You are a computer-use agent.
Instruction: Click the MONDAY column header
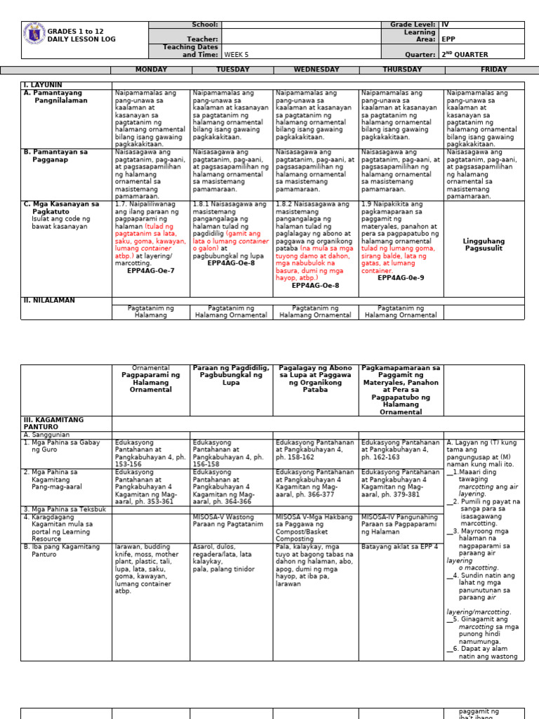point(151,70)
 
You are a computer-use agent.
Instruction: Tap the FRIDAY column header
point(484,70)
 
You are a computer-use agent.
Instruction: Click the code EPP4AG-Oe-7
point(151,270)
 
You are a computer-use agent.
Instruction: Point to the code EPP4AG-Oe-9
point(401,278)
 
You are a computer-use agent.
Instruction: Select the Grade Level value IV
point(445,25)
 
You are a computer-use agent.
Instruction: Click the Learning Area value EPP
point(448,40)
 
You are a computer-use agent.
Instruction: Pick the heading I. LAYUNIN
point(43,84)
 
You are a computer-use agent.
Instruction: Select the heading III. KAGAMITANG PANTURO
point(53,423)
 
